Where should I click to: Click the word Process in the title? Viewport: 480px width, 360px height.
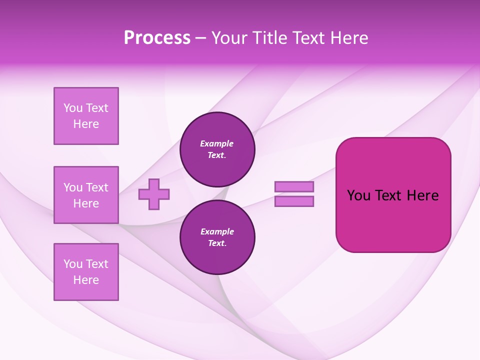click(157, 38)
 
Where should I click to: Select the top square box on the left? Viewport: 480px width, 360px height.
click(86, 116)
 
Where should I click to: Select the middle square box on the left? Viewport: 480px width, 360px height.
click(86, 195)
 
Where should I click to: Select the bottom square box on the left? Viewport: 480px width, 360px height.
click(86, 272)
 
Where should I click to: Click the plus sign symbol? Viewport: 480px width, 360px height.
click(154, 194)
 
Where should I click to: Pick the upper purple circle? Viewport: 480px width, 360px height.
click(217, 149)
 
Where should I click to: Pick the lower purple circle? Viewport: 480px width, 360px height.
click(217, 237)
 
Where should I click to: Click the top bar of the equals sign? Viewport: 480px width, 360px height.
click(294, 186)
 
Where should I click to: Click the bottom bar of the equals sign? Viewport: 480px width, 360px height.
click(294, 201)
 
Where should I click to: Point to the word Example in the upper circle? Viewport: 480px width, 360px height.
click(217, 143)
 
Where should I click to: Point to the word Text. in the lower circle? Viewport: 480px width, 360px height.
click(217, 243)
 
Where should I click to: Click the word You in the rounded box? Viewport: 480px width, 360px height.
click(358, 195)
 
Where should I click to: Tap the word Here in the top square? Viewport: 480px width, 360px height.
click(86, 124)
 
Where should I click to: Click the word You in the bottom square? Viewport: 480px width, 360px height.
click(73, 264)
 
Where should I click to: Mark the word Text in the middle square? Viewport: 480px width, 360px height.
click(97, 187)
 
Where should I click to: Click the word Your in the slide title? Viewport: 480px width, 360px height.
click(229, 38)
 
